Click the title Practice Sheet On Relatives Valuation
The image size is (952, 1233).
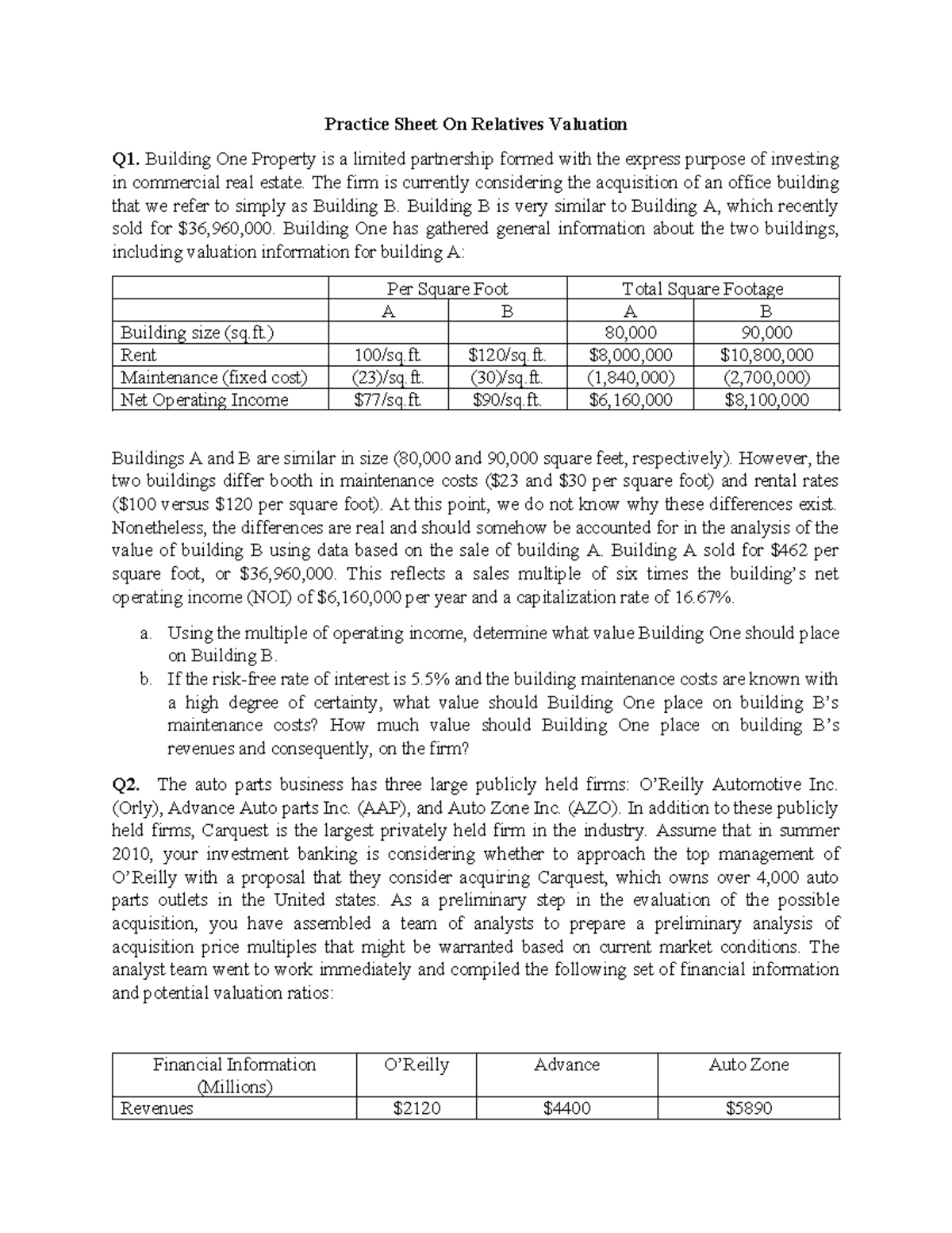coord(475,125)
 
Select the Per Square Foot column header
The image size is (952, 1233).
coord(447,289)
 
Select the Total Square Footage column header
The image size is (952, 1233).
coord(702,289)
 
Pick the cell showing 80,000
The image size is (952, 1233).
coord(630,333)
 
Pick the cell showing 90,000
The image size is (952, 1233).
coord(766,333)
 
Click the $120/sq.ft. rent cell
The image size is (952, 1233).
coord(507,355)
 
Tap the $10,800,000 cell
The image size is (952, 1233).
coord(766,355)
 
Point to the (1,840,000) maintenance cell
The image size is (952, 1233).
coord(630,377)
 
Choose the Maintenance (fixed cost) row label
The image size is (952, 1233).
coord(213,377)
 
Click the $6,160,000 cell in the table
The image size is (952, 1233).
coord(630,399)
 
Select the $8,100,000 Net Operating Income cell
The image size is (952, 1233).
coord(766,399)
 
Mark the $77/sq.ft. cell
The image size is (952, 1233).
coord(388,399)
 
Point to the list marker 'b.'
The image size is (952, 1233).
coord(145,680)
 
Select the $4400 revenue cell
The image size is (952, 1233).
coord(566,1108)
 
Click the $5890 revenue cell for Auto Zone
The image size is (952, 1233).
coord(748,1108)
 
